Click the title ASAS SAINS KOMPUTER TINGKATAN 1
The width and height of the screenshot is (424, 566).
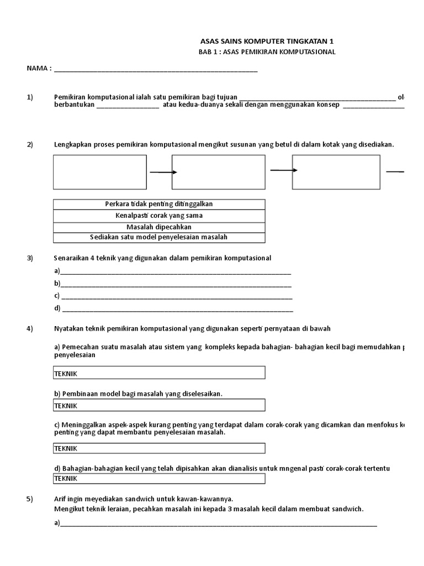(x=266, y=41)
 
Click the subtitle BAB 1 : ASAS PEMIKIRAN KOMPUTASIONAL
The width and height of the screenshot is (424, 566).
(x=267, y=52)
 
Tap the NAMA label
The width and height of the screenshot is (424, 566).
(x=39, y=69)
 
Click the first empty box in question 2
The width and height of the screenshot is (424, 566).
(x=100, y=172)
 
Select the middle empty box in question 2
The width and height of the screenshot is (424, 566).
(x=220, y=172)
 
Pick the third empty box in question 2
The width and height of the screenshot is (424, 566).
(x=336, y=172)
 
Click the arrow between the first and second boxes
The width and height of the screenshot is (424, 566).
(x=162, y=172)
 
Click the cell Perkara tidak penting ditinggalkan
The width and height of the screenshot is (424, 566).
(x=159, y=204)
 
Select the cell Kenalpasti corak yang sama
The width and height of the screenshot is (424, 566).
(x=159, y=215)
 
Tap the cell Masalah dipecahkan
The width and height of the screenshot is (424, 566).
(x=159, y=227)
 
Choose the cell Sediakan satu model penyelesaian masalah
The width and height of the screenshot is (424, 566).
(x=159, y=237)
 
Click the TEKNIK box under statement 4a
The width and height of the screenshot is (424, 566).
(x=159, y=373)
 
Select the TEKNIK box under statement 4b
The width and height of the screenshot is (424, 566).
(x=159, y=405)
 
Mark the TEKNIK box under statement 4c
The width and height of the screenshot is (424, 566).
(x=159, y=448)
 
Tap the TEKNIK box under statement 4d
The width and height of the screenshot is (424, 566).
(x=159, y=478)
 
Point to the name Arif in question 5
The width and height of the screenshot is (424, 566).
(x=61, y=499)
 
